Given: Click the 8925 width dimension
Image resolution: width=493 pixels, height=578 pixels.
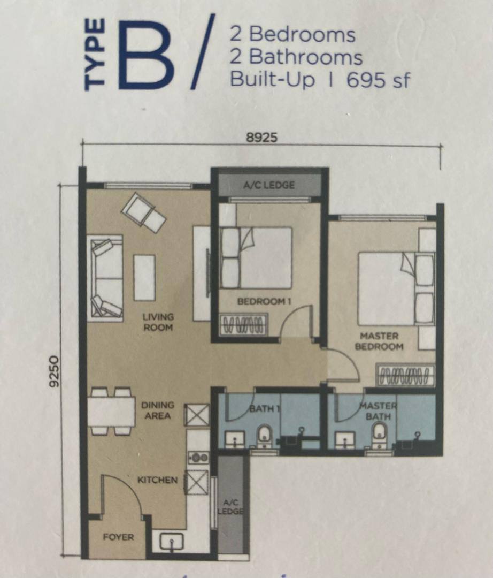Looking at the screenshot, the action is (x=261, y=138).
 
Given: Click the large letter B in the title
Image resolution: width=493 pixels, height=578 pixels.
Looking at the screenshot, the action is (x=146, y=55).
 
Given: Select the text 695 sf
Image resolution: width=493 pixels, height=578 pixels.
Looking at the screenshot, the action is (x=378, y=80).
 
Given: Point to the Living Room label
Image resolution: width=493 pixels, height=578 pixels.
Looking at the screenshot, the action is (x=158, y=322).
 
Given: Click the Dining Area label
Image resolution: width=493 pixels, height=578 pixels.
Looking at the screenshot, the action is (x=158, y=410).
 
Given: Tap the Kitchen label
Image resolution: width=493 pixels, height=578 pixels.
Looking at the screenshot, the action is (x=157, y=480).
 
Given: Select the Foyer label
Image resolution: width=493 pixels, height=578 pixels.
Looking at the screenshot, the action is (x=118, y=537).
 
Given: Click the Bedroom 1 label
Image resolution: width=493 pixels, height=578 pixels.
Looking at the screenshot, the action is (x=264, y=301).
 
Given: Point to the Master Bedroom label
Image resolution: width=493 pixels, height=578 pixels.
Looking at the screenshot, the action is (x=379, y=341).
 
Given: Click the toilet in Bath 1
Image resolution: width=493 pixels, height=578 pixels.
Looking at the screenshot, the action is (x=264, y=436).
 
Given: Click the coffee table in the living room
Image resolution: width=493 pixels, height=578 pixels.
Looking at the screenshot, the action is (x=144, y=277).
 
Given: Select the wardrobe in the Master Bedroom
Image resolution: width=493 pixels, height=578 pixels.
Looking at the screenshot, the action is (x=405, y=375).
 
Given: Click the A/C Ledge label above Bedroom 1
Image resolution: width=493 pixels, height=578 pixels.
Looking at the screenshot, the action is (x=269, y=185).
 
